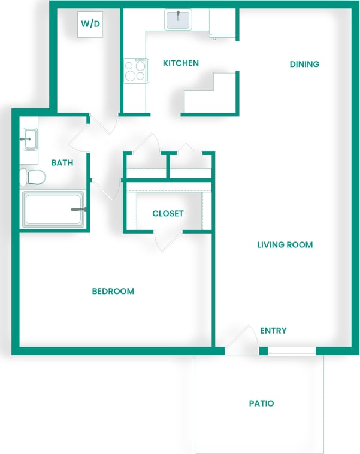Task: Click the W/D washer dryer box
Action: click(x=90, y=24)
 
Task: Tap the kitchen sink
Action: click(x=178, y=20)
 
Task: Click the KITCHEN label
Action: click(x=181, y=63)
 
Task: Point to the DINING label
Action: click(x=304, y=64)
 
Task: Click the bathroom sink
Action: click(x=29, y=140)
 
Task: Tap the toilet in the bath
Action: click(x=33, y=177)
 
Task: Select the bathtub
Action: click(x=53, y=210)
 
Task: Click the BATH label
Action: click(x=62, y=162)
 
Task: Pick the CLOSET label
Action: click(x=168, y=213)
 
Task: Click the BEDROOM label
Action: click(x=113, y=291)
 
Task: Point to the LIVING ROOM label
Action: click(x=285, y=244)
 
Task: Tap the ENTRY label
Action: click(x=273, y=330)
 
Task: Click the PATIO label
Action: click(x=262, y=403)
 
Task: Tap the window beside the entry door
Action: click(x=292, y=350)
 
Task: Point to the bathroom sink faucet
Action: click(x=26, y=139)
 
